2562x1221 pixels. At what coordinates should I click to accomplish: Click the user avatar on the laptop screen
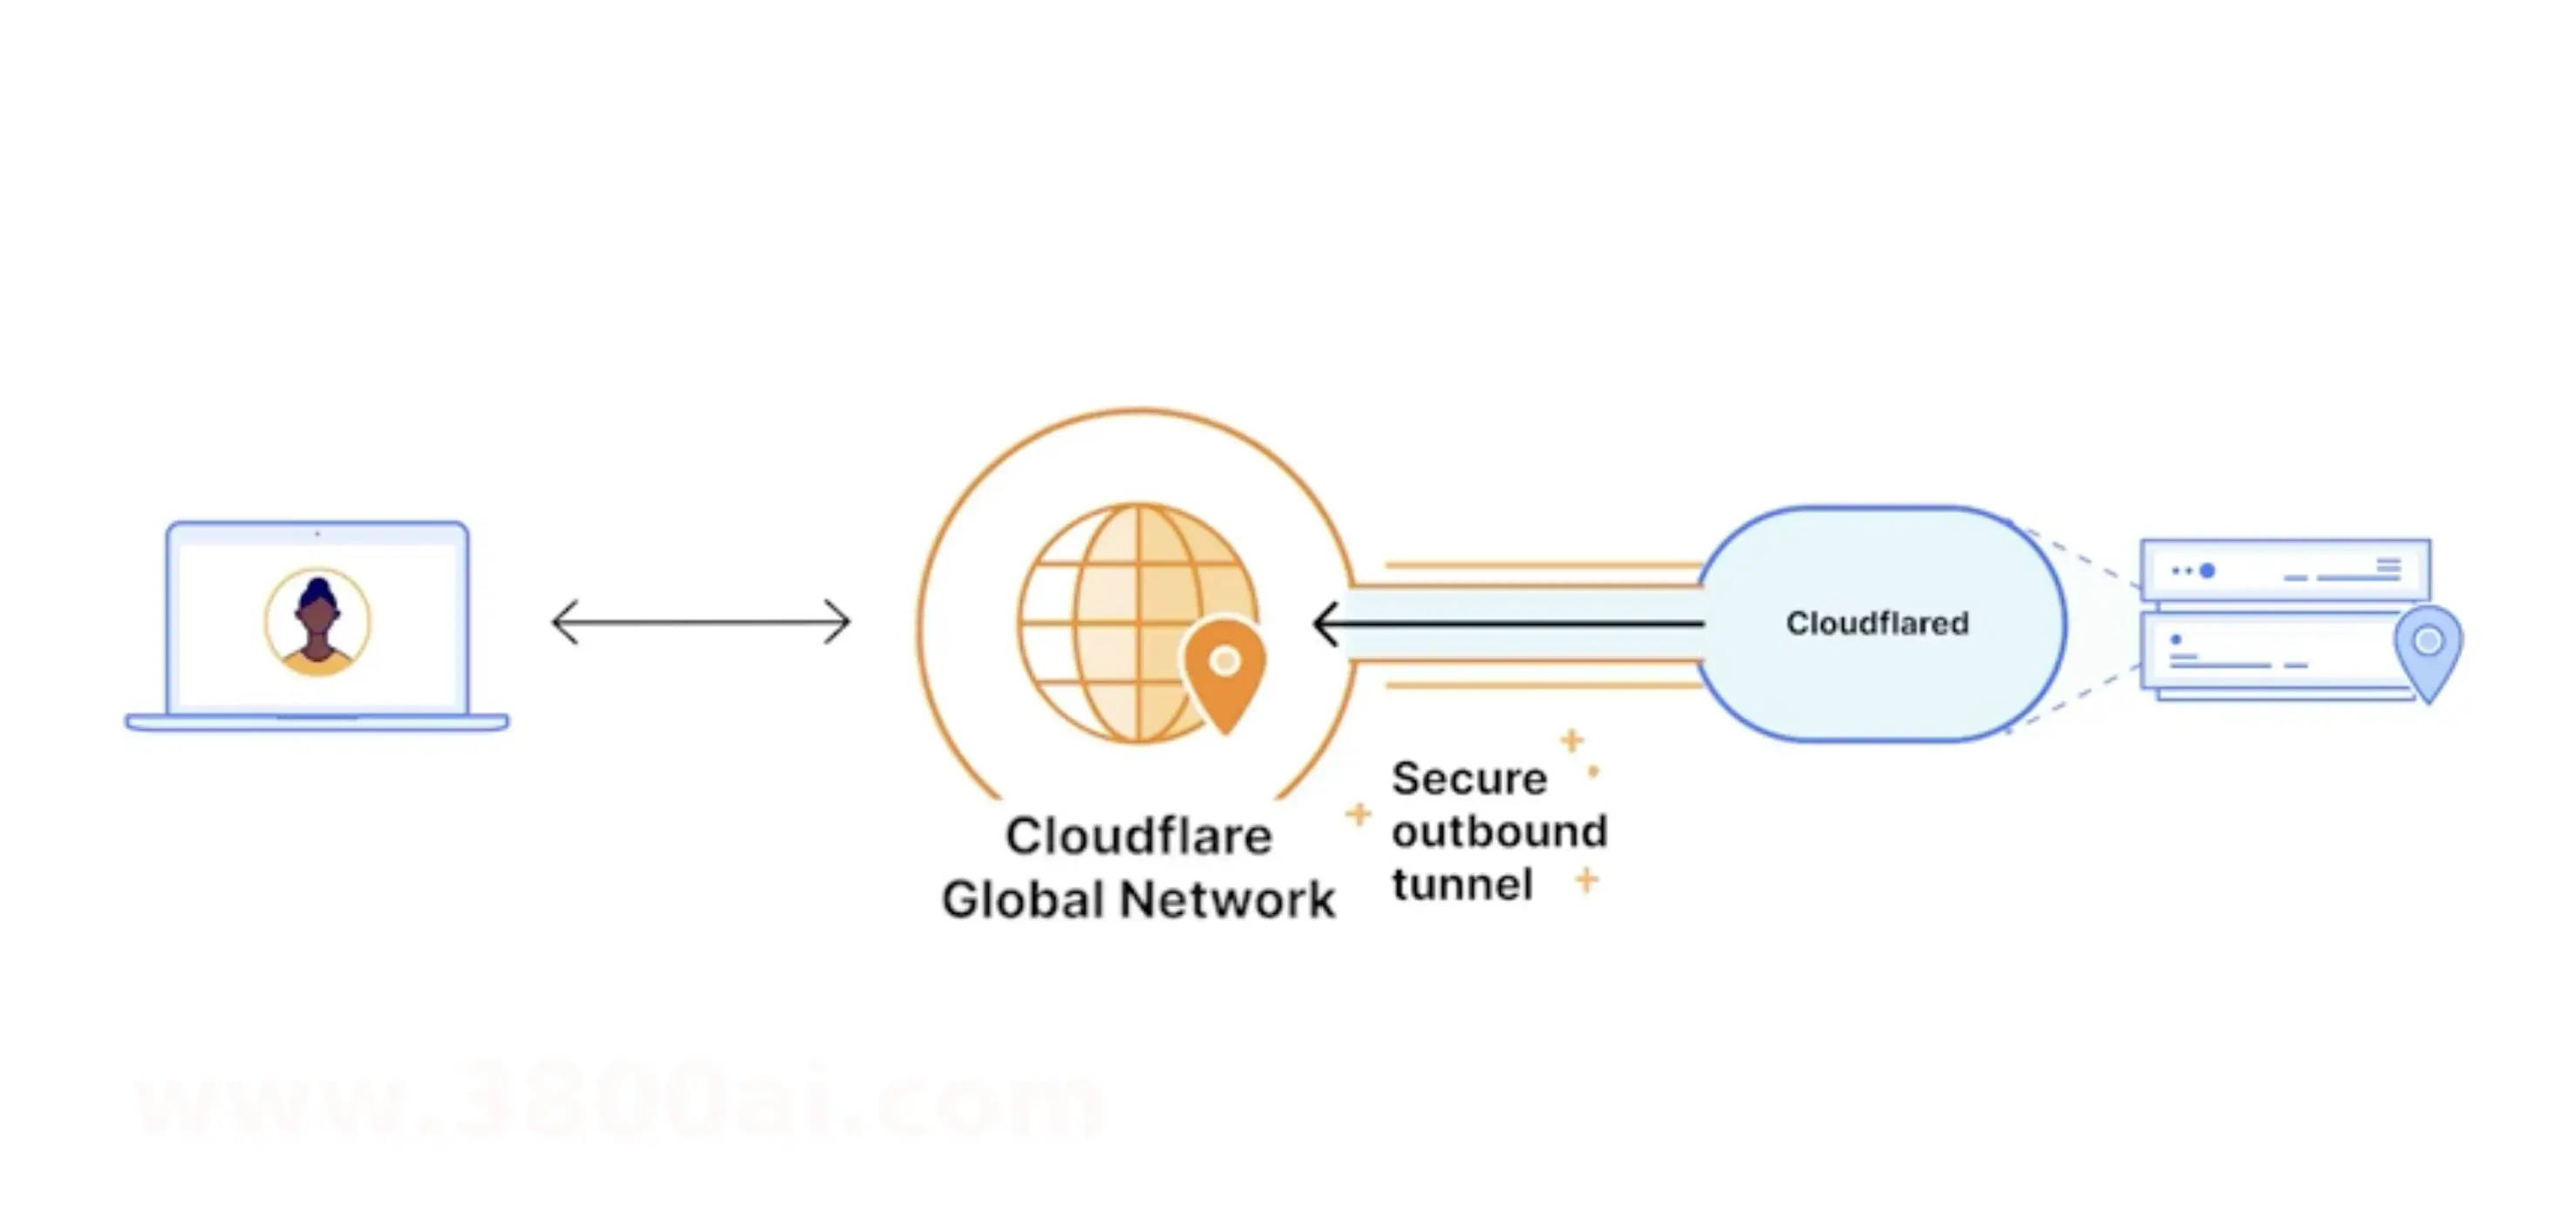(317, 622)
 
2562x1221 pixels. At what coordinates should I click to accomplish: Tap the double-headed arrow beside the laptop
(701, 624)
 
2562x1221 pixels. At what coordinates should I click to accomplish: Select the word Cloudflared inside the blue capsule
(1877, 624)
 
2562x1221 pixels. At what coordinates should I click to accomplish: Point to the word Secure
(1469, 779)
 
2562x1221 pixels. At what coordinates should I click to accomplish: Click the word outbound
(1499, 831)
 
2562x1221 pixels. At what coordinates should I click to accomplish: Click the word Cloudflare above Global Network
(1138, 836)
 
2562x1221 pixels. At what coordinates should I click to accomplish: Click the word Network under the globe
(1226, 900)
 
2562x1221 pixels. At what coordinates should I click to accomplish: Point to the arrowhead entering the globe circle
(1326, 624)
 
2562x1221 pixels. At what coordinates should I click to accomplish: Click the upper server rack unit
(2285, 570)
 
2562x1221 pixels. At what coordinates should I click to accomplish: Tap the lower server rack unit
(2267, 651)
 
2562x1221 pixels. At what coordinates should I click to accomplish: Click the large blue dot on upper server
(2206, 570)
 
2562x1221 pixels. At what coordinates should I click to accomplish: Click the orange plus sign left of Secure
(1358, 815)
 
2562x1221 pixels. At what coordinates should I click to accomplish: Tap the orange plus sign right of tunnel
(1586, 880)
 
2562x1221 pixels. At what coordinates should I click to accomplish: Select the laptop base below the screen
(317, 723)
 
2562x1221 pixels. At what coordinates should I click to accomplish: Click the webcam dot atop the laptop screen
(317, 534)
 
